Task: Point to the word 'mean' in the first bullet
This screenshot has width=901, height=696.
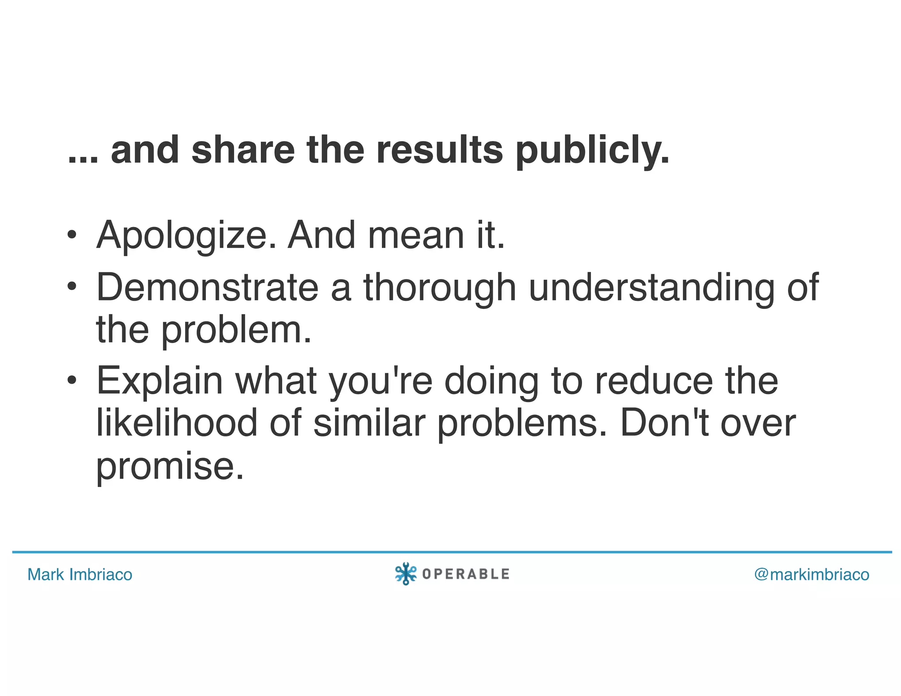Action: click(x=416, y=235)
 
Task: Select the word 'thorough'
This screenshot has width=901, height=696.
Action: click(x=440, y=288)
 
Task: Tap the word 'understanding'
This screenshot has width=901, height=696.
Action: click(x=651, y=288)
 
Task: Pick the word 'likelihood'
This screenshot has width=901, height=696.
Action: click(x=176, y=423)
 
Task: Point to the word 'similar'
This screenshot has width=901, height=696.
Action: click(x=369, y=423)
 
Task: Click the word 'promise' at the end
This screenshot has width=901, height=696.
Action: click(x=170, y=466)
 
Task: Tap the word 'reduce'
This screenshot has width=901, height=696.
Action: click(x=654, y=381)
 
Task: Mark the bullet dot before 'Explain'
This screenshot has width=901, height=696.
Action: click(x=72, y=380)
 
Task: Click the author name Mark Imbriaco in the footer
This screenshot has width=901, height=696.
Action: click(x=80, y=575)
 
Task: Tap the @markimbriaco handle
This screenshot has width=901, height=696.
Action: click(x=812, y=575)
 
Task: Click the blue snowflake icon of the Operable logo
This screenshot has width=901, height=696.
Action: click(x=405, y=574)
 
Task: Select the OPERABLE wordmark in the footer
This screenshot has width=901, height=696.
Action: click(x=465, y=574)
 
